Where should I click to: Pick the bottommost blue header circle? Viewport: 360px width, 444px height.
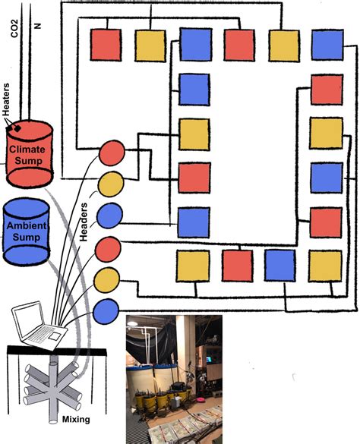click(106, 310)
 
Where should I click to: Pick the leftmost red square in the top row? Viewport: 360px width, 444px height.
click(106, 45)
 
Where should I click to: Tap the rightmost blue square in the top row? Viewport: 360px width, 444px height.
click(327, 45)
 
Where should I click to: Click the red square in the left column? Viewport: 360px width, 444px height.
click(194, 178)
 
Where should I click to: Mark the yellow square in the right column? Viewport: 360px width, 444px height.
click(326, 134)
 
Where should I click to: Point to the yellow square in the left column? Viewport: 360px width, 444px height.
click(194, 134)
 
